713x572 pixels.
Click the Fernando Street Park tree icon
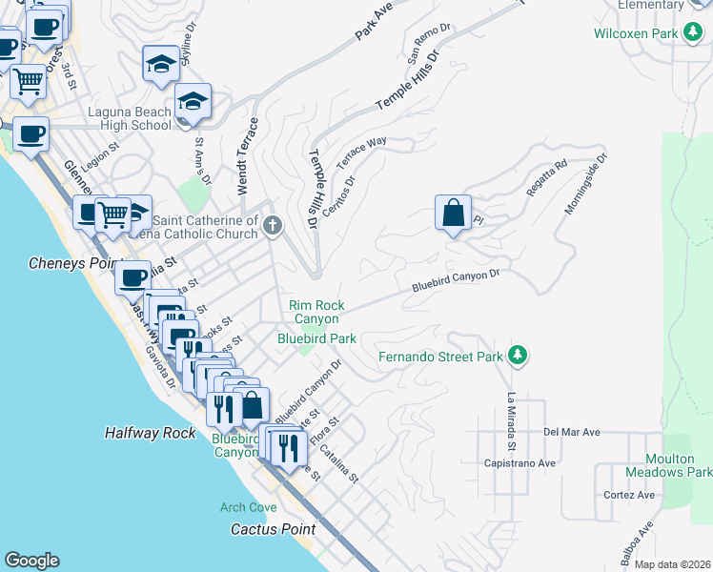coord(518,356)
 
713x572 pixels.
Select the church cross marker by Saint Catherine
coord(274,226)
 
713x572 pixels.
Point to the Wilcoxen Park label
coord(635,33)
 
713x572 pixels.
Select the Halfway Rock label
coord(150,433)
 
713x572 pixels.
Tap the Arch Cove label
coord(248,507)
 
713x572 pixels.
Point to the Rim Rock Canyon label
coord(316,312)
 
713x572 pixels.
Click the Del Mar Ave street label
coord(571,432)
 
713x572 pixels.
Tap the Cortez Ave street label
coord(629,495)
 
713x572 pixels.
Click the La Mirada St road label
coord(512,420)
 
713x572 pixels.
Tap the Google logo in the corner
coord(31,561)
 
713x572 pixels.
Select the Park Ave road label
coord(374,21)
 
